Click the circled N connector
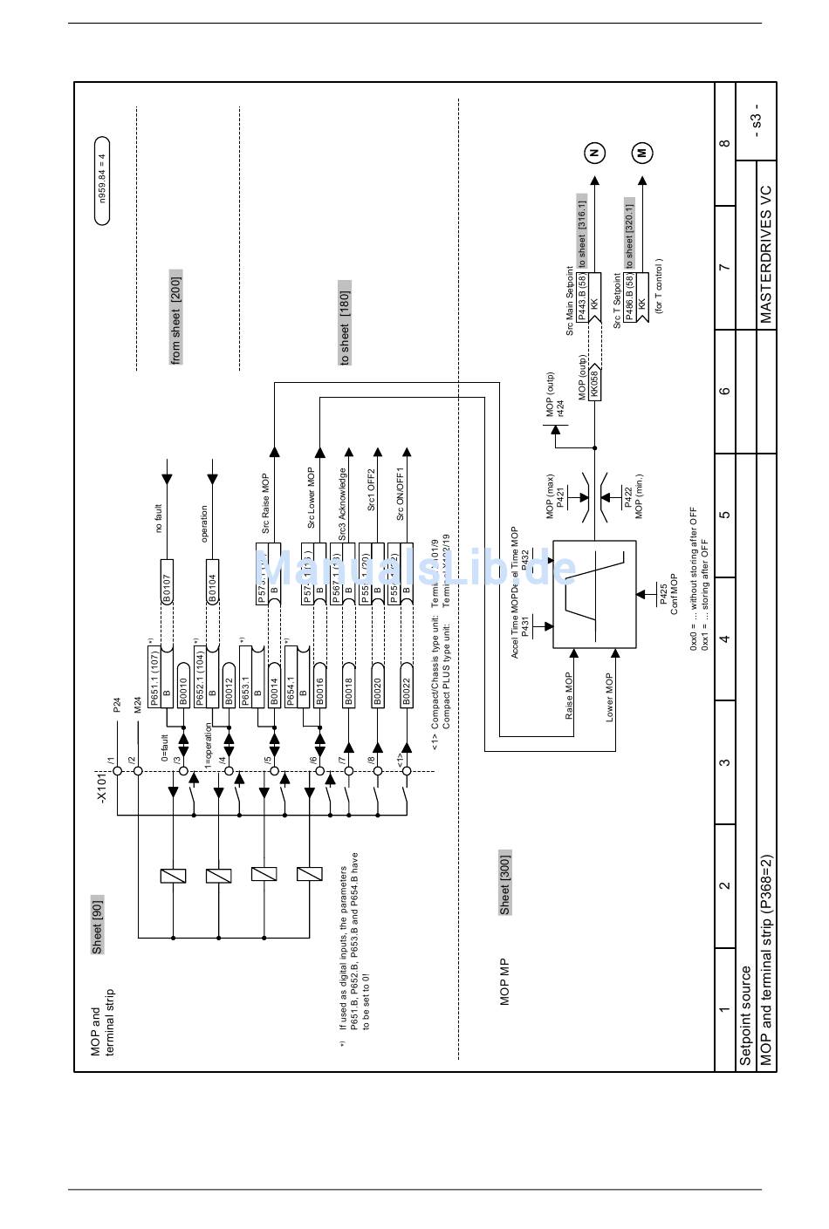coord(594,153)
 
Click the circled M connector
coord(642,153)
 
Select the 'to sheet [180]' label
coord(345,324)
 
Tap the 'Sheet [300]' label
coord(505,883)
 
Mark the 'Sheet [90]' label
coord(97,925)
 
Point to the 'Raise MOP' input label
coord(569,695)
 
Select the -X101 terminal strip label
coord(102,787)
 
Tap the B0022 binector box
coord(406,689)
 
